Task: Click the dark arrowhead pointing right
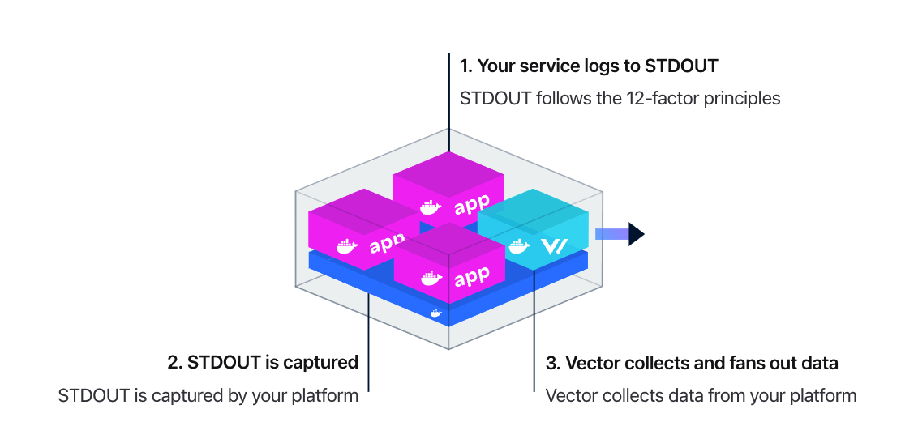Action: click(x=636, y=234)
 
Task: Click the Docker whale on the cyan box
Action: click(x=519, y=245)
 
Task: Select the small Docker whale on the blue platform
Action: click(x=436, y=313)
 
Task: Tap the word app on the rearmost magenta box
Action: click(x=472, y=205)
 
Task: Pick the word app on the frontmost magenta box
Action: click(x=472, y=275)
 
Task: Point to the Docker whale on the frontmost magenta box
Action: click(x=431, y=279)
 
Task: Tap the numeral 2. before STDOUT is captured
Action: click(x=175, y=362)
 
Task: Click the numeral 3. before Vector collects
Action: click(x=552, y=363)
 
